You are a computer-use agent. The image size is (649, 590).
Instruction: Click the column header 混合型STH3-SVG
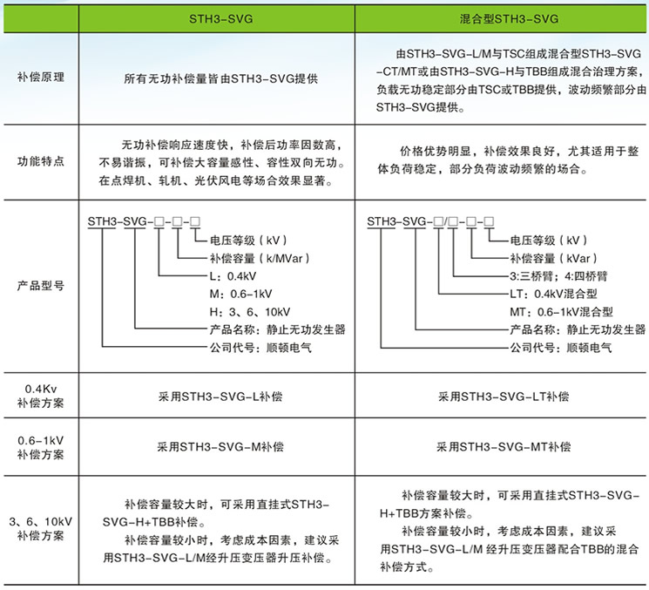click(x=509, y=19)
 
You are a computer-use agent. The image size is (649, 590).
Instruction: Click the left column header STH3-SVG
click(x=221, y=19)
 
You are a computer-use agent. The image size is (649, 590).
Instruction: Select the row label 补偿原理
click(x=41, y=77)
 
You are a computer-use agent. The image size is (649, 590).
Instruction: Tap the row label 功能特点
click(x=41, y=161)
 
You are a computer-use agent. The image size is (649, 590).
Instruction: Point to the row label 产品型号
click(x=41, y=286)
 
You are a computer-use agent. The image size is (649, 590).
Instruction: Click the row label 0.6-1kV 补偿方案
click(x=41, y=448)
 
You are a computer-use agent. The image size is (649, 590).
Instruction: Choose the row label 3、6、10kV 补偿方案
click(x=41, y=528)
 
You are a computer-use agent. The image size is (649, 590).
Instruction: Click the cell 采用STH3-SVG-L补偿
click(x=220, y=397)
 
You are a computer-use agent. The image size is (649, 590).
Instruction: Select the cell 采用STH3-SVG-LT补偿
click(x=504, y=397)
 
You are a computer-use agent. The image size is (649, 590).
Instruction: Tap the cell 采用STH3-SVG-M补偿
click(x=220, y=447)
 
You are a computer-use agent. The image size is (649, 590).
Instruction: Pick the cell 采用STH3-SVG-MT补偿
click(x=504, y=447)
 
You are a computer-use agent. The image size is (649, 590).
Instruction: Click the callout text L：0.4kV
click(x=233, y=276)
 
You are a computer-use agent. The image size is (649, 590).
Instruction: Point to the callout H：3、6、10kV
click(x=250, y=312)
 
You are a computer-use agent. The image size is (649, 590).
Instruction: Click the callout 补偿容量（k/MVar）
click(x=260, y=258)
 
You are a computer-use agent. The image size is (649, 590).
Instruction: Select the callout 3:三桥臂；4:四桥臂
click(x=558, y=276)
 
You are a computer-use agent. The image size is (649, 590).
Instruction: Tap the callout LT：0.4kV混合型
click(x=553, y=294)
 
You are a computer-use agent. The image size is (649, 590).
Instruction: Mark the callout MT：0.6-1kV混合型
click(x=561, y=312)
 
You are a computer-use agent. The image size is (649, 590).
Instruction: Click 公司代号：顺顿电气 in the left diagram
click(x=260, y=348)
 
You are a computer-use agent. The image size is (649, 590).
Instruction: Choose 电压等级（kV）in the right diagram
click(x=549, y=241)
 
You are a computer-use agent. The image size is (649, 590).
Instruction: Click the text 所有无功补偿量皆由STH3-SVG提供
click(x=221, y=78)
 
